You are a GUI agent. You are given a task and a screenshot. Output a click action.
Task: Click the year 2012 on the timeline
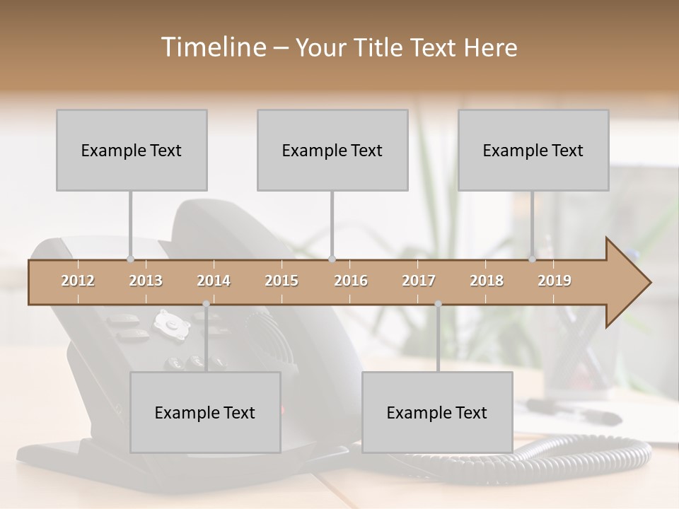click(x=78, y=281)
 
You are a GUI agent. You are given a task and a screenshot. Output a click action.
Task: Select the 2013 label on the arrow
click(x=146, y=281)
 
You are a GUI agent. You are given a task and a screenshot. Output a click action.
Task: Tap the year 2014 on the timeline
click(x=214, y=281)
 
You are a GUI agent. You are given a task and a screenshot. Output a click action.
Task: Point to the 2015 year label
click(x=282, y=281)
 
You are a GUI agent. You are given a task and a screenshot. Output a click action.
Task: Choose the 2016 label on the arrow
click(x=351, y=281)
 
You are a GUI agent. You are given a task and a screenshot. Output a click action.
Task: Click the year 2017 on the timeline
click(x=419, y=281)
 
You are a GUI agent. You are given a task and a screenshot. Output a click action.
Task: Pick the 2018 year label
click(x=487, y=281)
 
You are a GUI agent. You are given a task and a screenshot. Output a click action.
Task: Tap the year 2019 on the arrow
click(x=555, y=281)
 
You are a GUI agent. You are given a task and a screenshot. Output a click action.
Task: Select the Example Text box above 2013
click(x=132, y=150)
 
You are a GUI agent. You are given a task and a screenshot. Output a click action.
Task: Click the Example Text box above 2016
click(x=332, y=150)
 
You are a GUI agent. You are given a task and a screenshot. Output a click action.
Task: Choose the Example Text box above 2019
click(x=533, y=150)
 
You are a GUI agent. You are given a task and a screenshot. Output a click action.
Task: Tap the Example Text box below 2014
click(x=205, y=412)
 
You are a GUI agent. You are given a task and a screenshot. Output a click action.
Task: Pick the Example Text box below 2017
click(x=437, y=412)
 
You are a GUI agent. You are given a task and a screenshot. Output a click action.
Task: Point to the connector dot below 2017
click(x=438, y=304)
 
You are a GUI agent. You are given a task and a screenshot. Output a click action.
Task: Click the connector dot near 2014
click(x=206, y=304)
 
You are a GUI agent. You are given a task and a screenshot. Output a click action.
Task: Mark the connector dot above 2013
click(x=130, y=259)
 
